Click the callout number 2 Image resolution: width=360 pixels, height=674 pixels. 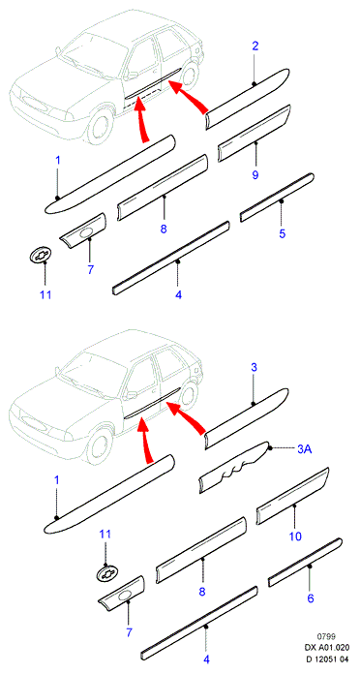click(255, 46)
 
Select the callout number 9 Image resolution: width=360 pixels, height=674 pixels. click(255, 175)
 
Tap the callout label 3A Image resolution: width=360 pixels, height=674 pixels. click(304, 449)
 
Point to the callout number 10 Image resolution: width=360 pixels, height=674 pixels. click(295, 536)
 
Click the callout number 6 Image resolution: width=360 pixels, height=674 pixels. click(311, 597)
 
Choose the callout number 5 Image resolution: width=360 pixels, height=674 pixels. click(282, 233)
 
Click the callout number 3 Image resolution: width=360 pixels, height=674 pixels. click(254, 368)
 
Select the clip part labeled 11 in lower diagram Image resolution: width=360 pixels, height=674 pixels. click(107, 572)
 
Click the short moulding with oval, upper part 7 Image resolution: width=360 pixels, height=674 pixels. click(83, 230)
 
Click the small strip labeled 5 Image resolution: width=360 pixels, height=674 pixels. click(277, 198)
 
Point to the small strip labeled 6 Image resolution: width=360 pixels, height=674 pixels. click(305, 563)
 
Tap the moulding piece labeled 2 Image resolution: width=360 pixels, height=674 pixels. click(248, 99)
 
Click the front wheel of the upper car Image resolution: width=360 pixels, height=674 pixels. click(102, 126)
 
